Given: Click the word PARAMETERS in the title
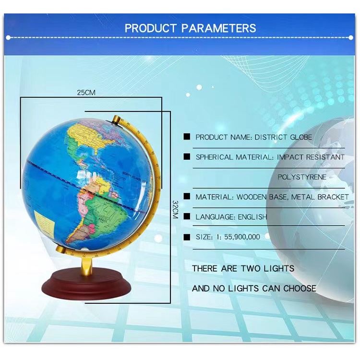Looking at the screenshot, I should pyautogui.click(x=219, y=27).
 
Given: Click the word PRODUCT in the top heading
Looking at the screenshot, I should pyautogui.click(x=150, y=27).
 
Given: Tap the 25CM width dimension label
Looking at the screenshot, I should pyautogui.click(x=86, y=92).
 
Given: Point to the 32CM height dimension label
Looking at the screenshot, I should pyautogui.click(x=175, y=209).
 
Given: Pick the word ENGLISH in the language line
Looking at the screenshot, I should pyautogui.click(x=252, y=217).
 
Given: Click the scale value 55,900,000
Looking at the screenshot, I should pyautogui.click(x=235, y=237).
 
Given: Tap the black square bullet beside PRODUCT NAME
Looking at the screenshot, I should pyautogui.click(x=187, y=137).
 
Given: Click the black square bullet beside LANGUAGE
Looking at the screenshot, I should pyautogui.click(x=187, y=217).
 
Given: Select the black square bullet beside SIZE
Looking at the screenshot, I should pyautogui.click(x=187, y=237).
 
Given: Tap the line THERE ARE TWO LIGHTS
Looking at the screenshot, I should pyautogui.click(x=243, y=268).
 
